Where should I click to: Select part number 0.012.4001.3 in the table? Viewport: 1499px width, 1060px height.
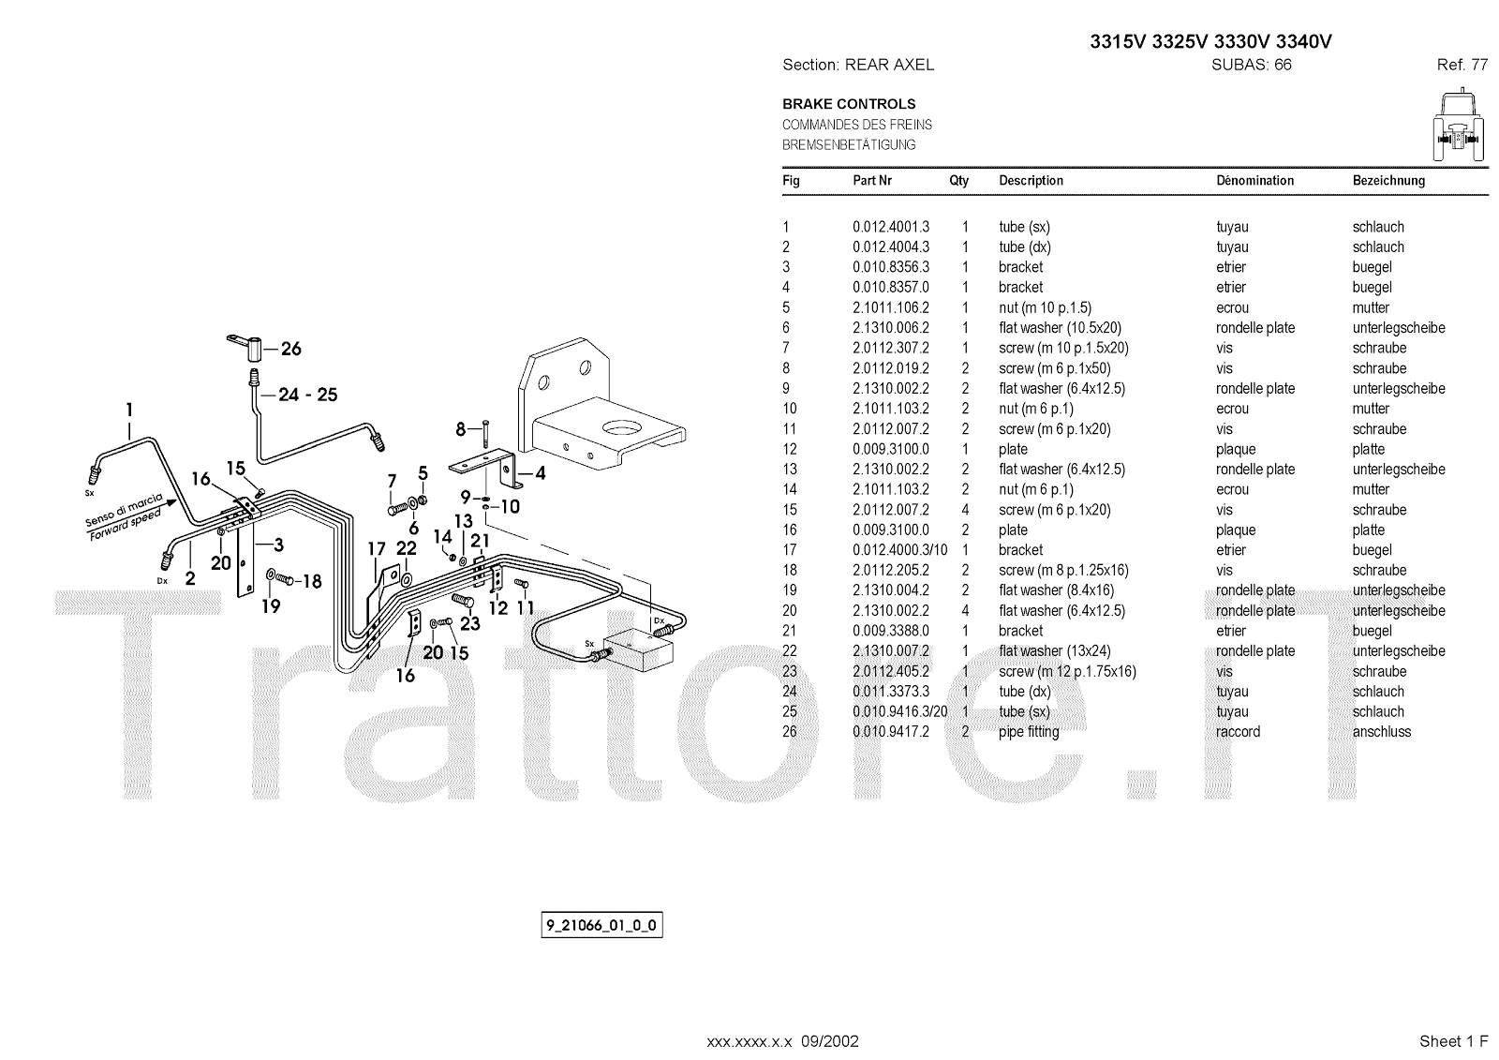click(x=890, y=227)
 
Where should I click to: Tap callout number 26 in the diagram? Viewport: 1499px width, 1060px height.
click(x=291, y=349)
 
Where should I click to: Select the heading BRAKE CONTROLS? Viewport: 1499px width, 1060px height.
click(x=849, y=104)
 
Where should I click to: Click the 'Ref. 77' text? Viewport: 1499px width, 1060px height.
click(x=1462, y=65)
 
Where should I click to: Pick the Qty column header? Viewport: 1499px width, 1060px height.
click(x=958, y=181)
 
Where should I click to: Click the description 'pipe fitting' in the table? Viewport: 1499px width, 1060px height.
click(x=1029, y=732)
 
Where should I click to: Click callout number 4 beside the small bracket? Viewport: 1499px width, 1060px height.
click(x=540, y=473)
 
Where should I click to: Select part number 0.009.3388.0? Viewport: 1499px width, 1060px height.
click(x=890, y=631)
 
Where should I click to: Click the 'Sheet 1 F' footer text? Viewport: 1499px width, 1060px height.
click(x=1453, y=1041)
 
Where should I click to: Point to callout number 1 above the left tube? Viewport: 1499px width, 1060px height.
click(x=129, y=410)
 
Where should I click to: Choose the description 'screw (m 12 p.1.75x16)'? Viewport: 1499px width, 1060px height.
click(x=1067, y=671)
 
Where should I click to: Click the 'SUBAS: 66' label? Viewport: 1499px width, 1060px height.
click(x=1252, y=65)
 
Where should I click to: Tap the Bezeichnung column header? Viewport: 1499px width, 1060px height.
click(x=1388, y=181)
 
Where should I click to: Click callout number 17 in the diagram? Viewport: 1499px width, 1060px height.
click(x=376, y=549)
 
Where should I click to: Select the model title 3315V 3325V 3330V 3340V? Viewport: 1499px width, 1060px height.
click(x=1210, y=42)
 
